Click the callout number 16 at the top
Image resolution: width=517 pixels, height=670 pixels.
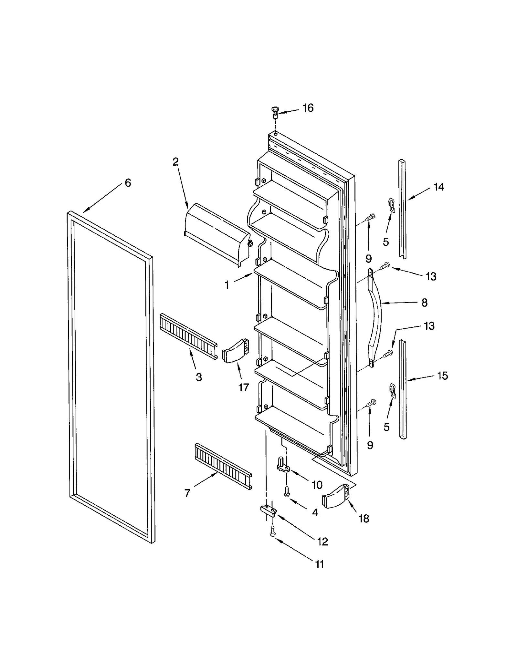308,108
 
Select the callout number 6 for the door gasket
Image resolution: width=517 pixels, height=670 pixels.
128,183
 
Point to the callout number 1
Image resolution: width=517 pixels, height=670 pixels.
227,285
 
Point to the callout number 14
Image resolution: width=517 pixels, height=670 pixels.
438,187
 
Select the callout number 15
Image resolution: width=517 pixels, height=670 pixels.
442,376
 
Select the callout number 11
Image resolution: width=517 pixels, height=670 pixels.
319,564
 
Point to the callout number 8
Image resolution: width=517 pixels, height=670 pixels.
424,303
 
